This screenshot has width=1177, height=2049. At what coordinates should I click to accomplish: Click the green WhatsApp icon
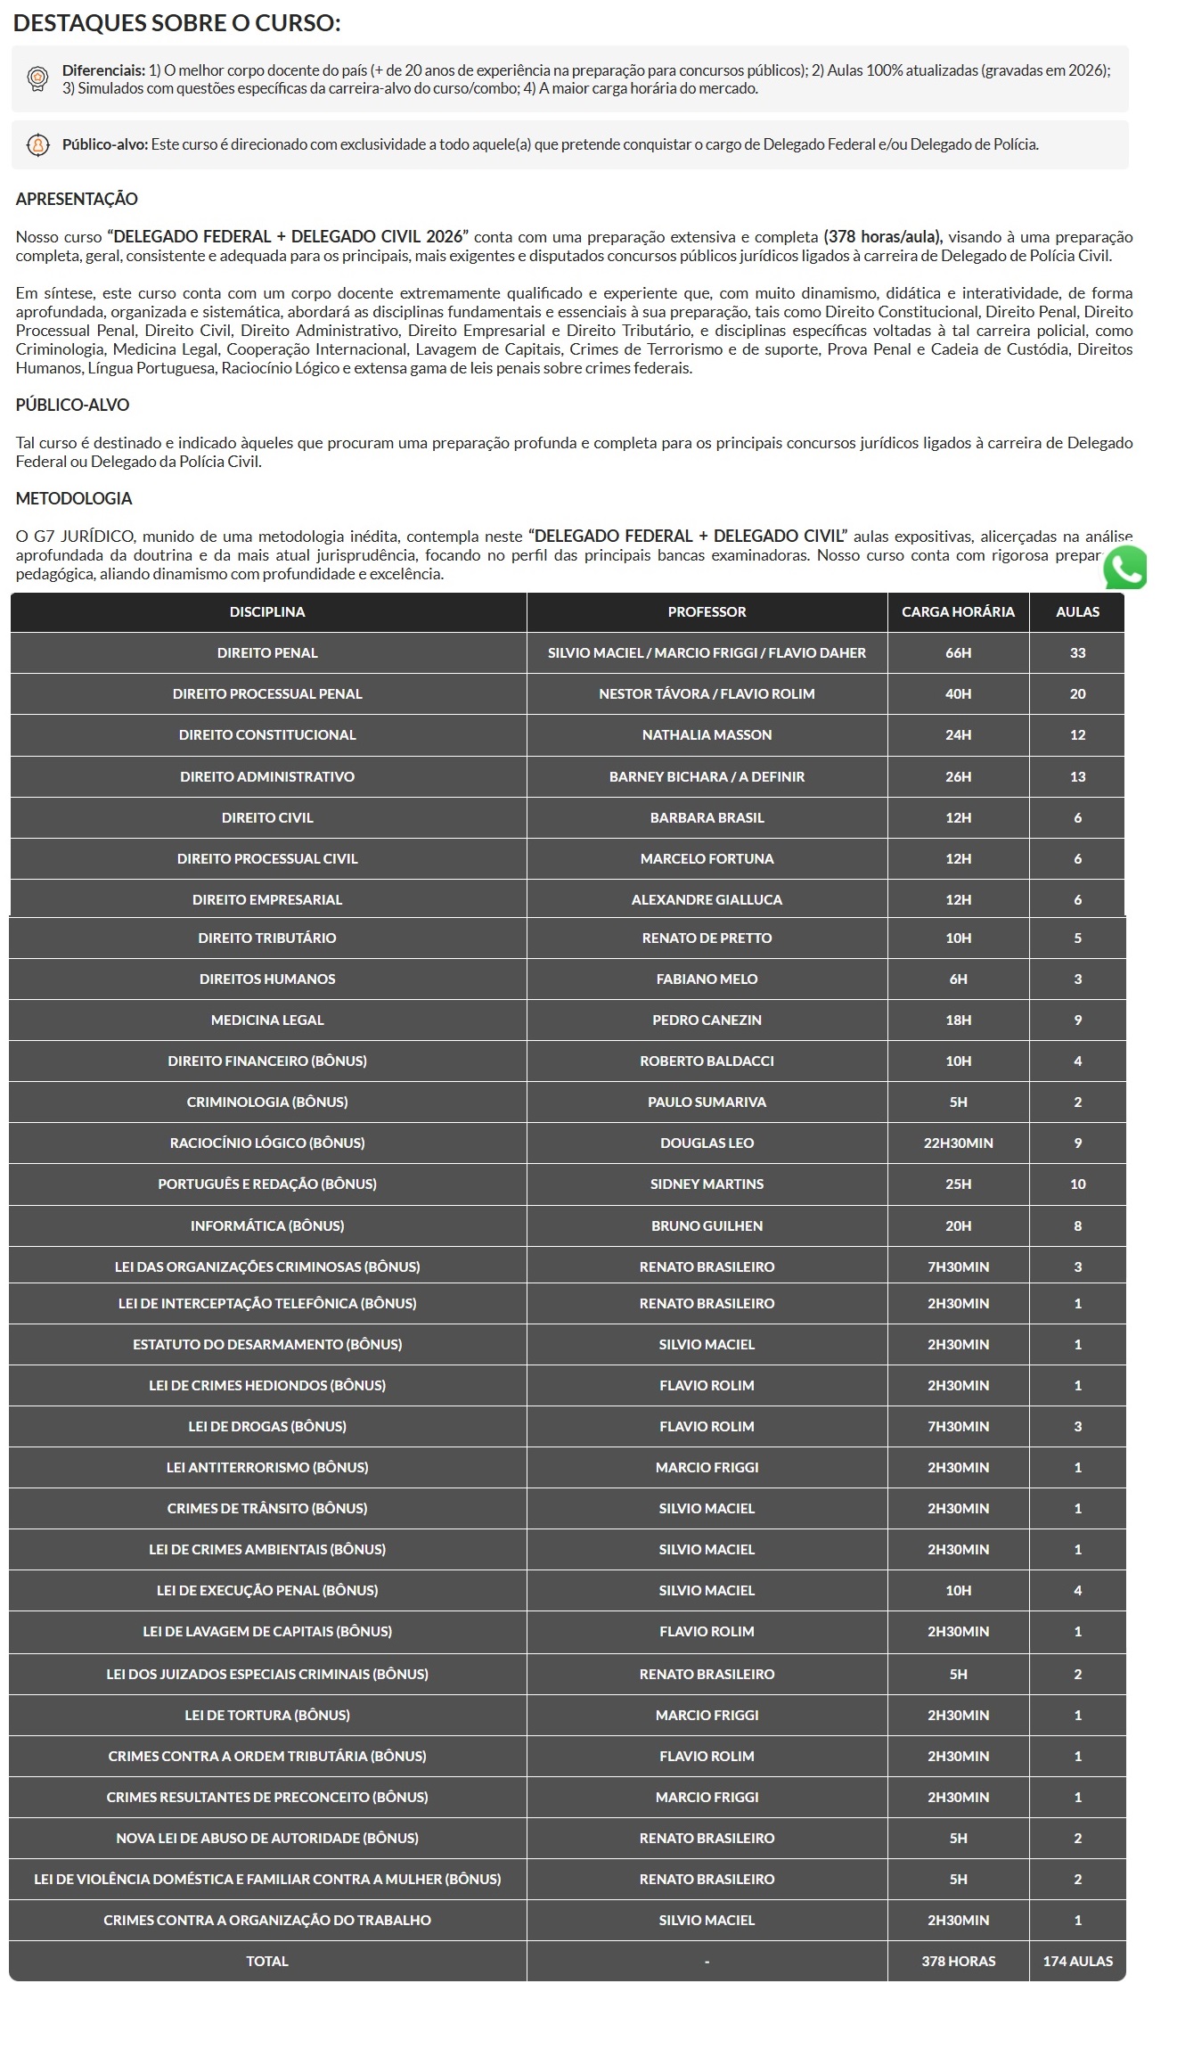coord(1124,568)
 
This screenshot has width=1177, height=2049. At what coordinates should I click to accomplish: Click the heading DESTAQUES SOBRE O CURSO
coord(176,23)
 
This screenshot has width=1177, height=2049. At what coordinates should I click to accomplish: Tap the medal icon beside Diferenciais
coord(37,78)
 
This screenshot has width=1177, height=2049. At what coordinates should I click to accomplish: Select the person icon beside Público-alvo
coord(37,144)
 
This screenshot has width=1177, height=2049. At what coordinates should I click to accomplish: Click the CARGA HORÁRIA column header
coord(958,611)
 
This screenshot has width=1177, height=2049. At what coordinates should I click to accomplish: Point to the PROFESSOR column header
coord(707,611)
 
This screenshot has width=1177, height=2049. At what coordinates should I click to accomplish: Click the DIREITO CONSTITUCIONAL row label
coord(267,734)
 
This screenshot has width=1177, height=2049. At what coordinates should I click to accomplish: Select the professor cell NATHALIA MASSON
coord(707,734)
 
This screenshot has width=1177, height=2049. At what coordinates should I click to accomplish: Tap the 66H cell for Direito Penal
coord(958,652)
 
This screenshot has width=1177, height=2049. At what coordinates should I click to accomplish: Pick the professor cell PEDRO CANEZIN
coord(707,1020)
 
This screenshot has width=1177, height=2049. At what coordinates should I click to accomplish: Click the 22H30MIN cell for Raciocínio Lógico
coord(958,1143)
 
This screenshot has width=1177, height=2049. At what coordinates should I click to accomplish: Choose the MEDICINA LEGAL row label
coord(267,1020)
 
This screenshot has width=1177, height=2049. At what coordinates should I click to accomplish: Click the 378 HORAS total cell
coord(958,1961)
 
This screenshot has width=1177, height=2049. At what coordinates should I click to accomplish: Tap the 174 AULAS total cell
coord(1077,1961)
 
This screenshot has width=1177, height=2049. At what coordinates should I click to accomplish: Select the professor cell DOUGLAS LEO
coord(707,1143)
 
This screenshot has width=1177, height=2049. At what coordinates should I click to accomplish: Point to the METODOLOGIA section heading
coord(74,498)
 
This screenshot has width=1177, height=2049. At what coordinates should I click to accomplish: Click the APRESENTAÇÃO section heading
coord(77,199)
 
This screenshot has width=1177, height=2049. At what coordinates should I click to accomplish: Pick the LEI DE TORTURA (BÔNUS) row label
coord(267,1715)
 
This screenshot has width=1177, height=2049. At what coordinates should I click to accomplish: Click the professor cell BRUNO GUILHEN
coord(707,1225)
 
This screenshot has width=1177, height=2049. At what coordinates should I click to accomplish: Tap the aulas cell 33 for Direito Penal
coord(1077,652)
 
